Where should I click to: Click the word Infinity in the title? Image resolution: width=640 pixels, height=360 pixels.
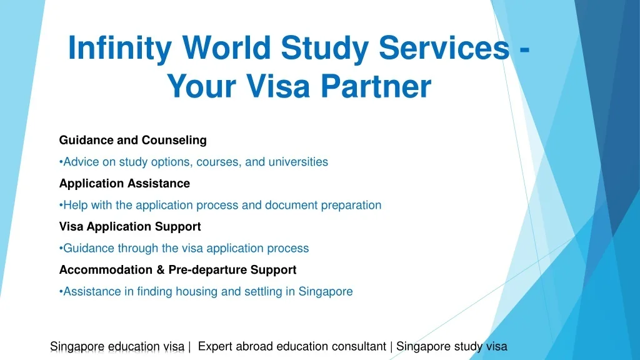(120, 48)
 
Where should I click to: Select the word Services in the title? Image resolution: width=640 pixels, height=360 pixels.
(444, 47)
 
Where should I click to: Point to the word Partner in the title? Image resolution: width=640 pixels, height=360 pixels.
(376, 86)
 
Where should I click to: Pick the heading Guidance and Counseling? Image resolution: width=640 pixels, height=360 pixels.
(133, 140)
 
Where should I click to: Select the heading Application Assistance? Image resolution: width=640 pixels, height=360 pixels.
(124, 183)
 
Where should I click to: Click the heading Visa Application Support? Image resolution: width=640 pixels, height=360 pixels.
(130, 226)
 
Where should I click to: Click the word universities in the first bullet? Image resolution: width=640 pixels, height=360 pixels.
(298, 162)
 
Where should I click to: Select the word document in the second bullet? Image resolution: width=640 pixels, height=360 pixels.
(291, 205)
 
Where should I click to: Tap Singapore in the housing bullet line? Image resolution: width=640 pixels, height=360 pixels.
(325, 292)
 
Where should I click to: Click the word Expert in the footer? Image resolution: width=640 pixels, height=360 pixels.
(215, 346)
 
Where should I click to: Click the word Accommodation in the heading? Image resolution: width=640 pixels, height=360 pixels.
(106, 270)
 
